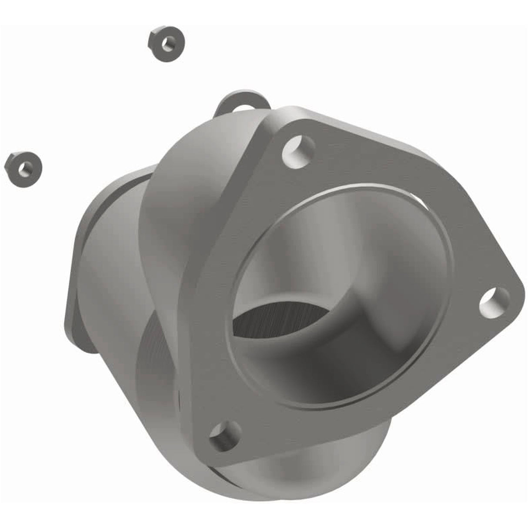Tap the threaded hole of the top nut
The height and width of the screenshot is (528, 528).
pyautogui.click(x=168, y=43)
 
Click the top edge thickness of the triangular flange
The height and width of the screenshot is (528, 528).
pyautogui.click(x=348, y=117)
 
